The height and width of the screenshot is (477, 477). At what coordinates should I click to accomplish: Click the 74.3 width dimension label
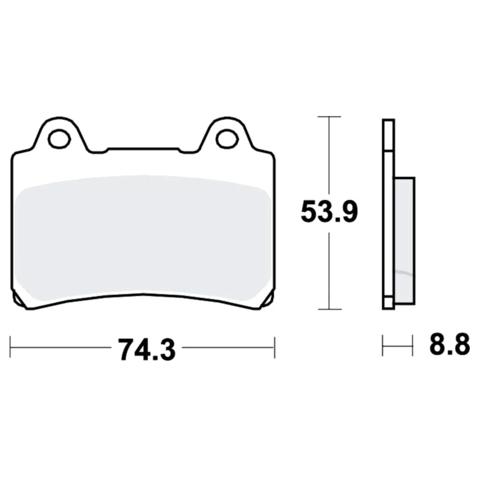[x=147, y=350]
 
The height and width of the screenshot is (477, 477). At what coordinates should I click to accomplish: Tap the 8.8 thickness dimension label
[x=450, y=345]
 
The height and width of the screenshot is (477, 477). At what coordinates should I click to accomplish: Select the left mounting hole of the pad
[x=60, y=139]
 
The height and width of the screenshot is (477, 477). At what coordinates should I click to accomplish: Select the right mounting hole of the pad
[x=227, y=139]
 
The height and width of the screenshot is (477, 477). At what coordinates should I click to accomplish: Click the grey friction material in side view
[x=404, y=240]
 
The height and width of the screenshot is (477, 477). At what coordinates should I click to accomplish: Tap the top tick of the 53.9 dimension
[x=329, y=116]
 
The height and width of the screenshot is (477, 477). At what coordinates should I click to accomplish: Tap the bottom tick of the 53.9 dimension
[x=329, y=309]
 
